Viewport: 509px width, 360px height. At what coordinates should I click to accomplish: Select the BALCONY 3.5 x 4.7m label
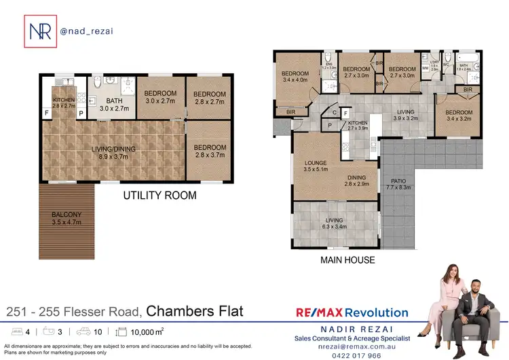point(66,218)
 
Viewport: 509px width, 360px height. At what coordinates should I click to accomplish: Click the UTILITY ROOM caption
point(159,196)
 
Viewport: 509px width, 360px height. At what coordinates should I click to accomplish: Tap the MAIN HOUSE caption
point(347,259)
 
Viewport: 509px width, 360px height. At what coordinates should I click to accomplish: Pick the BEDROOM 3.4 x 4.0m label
point(296,77)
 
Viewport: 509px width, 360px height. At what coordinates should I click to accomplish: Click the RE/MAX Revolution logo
point(352,312)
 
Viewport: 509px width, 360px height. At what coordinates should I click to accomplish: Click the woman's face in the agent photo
point(451,272)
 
